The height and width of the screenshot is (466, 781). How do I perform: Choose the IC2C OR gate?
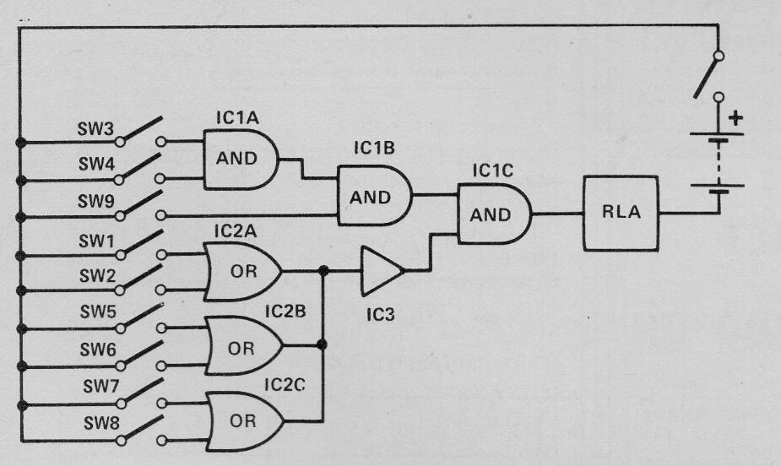(244, 419)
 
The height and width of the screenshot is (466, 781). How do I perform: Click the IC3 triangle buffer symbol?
(381, 271)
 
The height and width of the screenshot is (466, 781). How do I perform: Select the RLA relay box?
(621, 213)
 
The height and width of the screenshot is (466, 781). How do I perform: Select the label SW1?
(97, 241)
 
